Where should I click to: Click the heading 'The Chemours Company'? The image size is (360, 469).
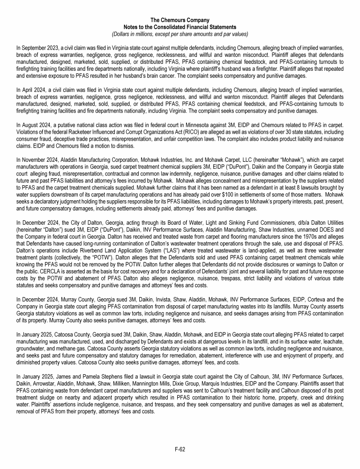point(180,20)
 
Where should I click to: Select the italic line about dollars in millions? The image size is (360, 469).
point(180,34)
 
